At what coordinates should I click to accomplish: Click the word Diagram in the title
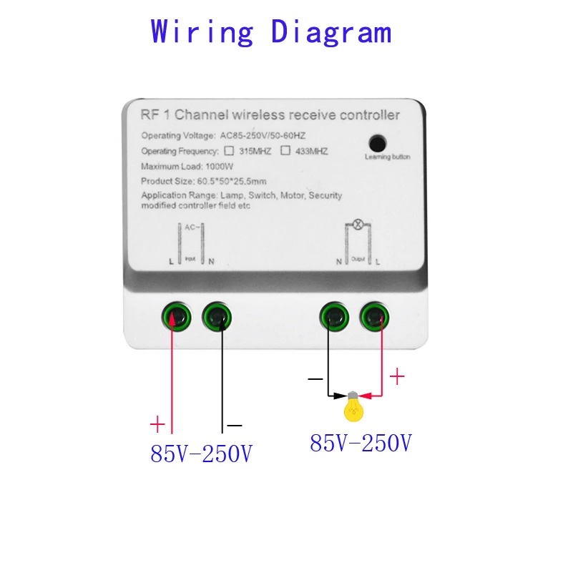coord(331,32)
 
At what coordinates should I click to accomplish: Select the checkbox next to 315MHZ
coord(229,151)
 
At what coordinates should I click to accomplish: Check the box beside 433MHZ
coord(285,151)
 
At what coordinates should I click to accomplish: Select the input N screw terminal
coord(217,315)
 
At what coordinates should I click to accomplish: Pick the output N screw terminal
coord(333,315)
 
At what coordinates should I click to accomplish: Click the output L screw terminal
coord(375,315)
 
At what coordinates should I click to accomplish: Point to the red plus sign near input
coord(157,424)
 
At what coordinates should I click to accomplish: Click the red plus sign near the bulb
coord(396,376)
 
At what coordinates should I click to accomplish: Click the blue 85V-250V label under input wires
coord(201,454)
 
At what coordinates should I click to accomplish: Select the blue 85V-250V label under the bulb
coord(361,444)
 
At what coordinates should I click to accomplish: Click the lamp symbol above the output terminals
coord(356,225)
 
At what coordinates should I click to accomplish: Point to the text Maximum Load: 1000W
coord(183,167)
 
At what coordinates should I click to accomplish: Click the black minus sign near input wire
coord(235,426)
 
